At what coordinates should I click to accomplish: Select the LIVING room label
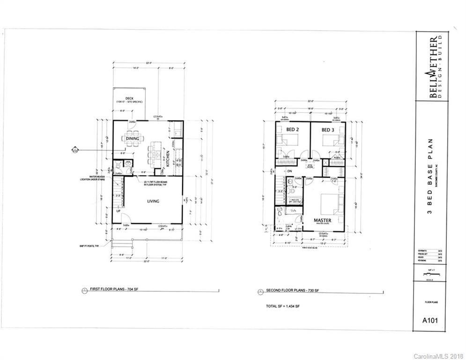(153, 201)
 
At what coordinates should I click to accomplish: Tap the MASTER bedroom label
(323, 220)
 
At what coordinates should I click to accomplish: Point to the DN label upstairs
(290, 171)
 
